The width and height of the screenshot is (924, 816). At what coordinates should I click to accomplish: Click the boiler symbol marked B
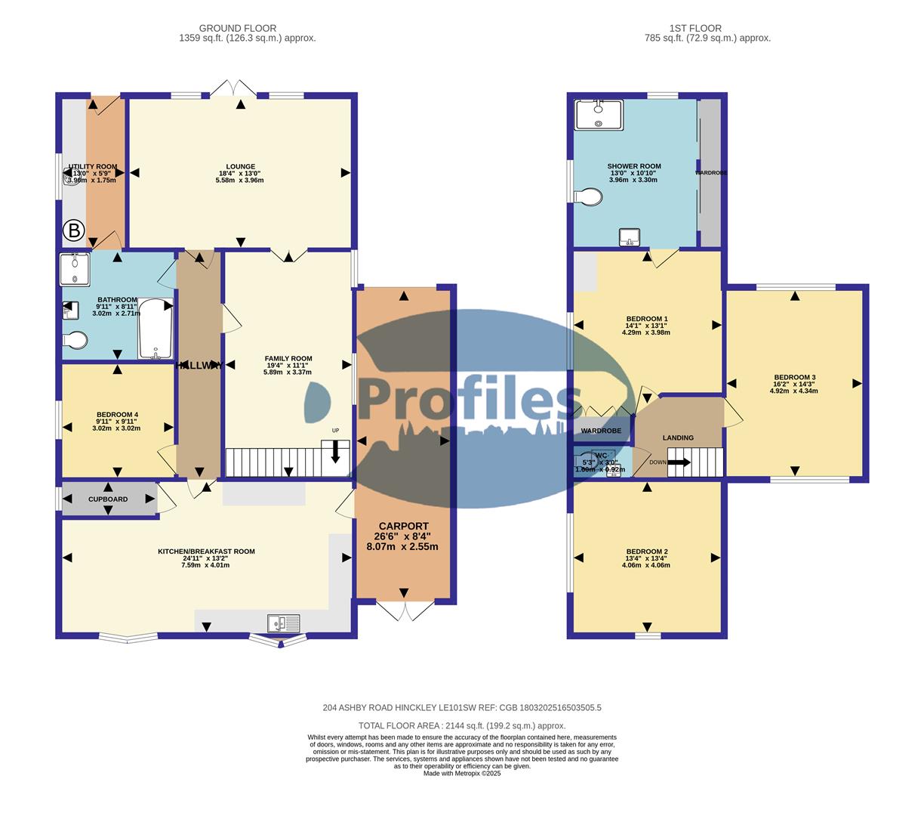point(73,230)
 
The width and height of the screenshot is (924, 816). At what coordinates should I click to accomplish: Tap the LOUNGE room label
point(240,167)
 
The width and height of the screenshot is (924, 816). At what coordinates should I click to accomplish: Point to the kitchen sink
point(284,623)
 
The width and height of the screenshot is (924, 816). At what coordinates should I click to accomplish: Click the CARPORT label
point(403,526)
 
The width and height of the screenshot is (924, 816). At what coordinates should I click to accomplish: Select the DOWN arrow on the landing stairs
point(678,462)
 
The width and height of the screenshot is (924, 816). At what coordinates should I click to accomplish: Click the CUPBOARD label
point(108,499)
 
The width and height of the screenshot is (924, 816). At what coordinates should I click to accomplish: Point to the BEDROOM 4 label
point(117,414)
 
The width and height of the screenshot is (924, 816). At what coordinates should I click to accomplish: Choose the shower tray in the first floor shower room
point(599,115)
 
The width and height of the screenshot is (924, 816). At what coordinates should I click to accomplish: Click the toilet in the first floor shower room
point(587,197)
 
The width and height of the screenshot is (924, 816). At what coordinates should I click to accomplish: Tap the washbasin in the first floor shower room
point(630,238)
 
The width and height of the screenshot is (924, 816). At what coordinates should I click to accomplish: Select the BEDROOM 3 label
point(794,377)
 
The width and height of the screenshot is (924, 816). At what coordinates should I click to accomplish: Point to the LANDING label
point(678,437)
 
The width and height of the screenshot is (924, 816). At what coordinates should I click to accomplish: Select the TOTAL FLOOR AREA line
point(462,725)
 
